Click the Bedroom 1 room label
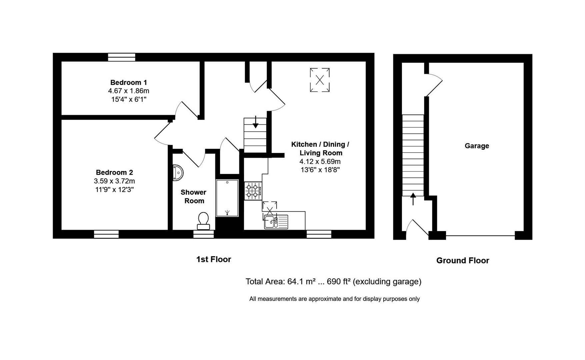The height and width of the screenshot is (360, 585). (128, 82)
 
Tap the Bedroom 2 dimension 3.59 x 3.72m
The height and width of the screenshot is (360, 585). (114, 181)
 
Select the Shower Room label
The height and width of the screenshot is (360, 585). (194, 196)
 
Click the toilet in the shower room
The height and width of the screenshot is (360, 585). (203, 221)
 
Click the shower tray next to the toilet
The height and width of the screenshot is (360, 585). (227, 198)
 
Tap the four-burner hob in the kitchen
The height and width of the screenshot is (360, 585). (253, 191)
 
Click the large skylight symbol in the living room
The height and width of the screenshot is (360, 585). (320, 80)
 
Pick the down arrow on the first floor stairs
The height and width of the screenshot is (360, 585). (255, 122)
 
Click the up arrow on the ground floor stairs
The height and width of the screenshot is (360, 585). (413, 199)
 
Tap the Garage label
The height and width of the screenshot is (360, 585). (477, 146)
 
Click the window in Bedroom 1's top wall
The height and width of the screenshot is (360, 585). (122, 57)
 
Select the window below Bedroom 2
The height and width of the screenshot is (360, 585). (106, 234)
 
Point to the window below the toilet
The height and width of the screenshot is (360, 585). (203, 234)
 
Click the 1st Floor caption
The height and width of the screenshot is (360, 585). (213, 259)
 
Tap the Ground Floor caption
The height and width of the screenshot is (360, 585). (462, 261)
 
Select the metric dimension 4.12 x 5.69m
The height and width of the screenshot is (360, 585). (320, 162)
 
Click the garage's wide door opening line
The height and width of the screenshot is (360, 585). (480, 236)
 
